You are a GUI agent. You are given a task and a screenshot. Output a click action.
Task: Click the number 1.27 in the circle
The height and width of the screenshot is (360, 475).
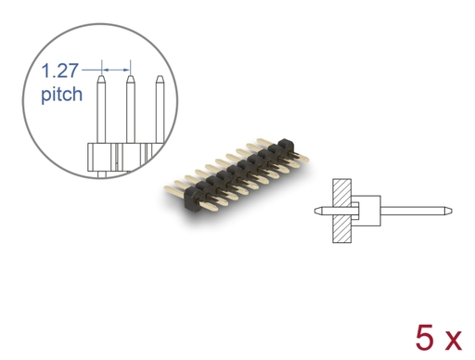59,71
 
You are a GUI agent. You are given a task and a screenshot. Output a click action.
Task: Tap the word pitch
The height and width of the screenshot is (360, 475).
62,95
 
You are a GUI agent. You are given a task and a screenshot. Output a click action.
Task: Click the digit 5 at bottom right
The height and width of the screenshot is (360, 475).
426,338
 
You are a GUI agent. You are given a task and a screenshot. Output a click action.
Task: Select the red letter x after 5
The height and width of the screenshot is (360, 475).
452,341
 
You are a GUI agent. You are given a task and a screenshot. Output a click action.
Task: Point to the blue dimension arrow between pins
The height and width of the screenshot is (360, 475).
116,71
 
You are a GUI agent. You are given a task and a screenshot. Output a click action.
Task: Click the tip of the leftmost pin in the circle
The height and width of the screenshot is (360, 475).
101,76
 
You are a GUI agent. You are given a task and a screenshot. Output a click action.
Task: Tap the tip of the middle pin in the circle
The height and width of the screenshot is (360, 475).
131,76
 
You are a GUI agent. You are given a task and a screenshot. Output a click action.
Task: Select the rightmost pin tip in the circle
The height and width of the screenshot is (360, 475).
160,76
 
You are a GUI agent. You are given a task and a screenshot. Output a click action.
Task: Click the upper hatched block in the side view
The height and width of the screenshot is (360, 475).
341,193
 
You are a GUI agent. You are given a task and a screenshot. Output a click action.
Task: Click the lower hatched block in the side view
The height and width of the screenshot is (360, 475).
341,229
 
